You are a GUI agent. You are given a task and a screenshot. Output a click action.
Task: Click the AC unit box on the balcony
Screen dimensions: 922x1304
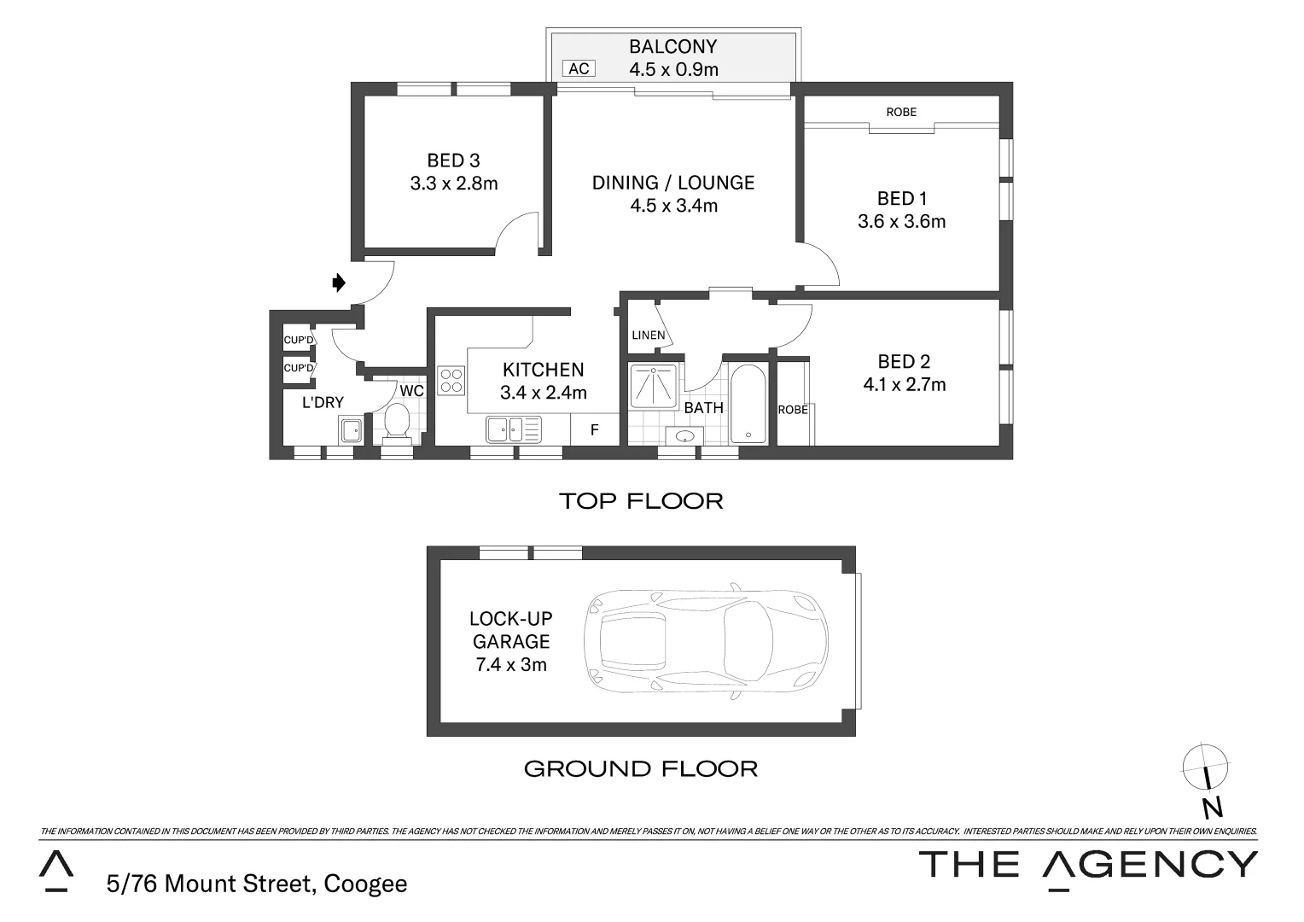pos(579,69)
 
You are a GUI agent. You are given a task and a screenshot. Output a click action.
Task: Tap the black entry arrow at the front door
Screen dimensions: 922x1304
pos(339,283)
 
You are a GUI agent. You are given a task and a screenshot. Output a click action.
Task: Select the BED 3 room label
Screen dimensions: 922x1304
pos(453,160)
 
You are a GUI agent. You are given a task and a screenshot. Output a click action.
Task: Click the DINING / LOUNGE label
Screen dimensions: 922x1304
pos(673,183)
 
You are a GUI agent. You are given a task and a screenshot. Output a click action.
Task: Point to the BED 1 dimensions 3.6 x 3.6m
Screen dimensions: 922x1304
pos(901,222)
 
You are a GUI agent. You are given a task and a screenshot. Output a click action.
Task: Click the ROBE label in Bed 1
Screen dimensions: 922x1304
pos(901,112)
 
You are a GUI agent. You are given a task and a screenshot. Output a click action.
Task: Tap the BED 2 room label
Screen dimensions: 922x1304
pos(904,362)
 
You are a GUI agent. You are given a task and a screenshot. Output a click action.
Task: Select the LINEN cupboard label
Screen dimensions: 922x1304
pos(648,336)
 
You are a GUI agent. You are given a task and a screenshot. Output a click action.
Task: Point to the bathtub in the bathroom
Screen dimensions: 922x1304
pos(749,404)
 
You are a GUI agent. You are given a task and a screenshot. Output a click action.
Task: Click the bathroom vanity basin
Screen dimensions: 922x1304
pos(684,436)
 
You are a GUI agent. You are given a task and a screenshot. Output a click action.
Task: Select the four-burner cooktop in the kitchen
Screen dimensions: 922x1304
pos(451,381)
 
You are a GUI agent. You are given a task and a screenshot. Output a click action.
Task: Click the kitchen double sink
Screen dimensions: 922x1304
pos(504,429)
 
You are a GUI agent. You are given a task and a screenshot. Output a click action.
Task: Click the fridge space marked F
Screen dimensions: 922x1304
pos(595,430)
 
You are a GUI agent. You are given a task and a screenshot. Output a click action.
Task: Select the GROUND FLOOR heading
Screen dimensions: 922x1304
pos(640,769)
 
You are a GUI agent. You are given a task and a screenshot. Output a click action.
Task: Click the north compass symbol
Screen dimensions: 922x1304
pos(1206,765)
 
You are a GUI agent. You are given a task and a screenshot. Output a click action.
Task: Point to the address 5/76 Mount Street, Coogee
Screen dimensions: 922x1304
pos(257,884)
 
